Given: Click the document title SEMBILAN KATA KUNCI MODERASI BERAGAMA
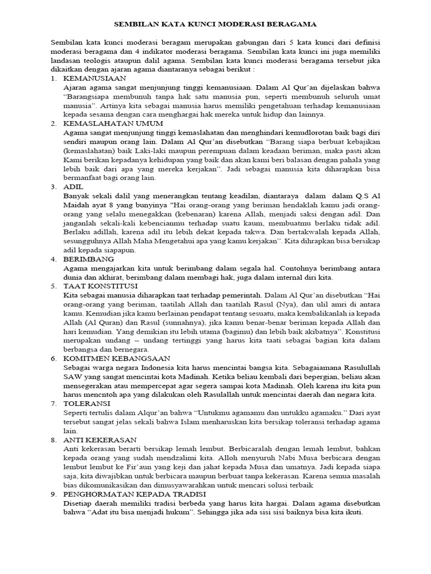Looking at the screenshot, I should point(215,25).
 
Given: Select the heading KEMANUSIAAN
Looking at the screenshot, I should point(95,78).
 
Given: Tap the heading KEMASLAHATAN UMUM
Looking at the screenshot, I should point(113,123).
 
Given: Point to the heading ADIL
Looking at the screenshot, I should point(73,186).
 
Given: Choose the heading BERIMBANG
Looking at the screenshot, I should point(89,259).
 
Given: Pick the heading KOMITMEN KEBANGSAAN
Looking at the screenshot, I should point(115,357).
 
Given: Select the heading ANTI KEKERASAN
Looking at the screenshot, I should point(99,439).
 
